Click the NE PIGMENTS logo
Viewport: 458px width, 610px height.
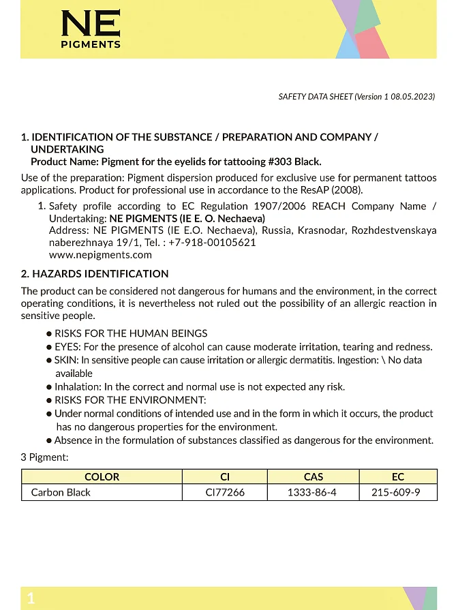[90, 29]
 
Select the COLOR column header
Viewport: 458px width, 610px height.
[102, 477]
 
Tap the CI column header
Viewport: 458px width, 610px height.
[225, 477]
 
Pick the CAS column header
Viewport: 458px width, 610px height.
[313, 477]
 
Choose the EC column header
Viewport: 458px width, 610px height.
[397, 477]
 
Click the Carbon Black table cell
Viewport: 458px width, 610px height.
[61, 492]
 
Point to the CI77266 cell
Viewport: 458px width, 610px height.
[225, 492]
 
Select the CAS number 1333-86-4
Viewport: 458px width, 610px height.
[313, 492]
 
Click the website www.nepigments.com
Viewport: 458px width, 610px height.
[100, 255]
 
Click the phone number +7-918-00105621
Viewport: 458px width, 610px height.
[213, 243]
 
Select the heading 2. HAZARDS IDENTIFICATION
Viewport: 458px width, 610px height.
[95, 274]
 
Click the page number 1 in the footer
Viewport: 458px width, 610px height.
[31, 599]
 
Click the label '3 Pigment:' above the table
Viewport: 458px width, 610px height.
[44, 457]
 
